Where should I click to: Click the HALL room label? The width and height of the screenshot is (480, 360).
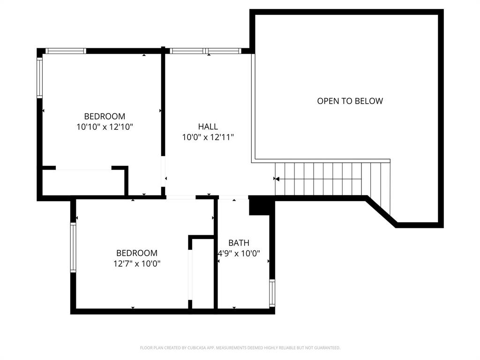(x=208, y=127)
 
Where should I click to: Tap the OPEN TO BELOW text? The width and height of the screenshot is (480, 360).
(x=350, y=101)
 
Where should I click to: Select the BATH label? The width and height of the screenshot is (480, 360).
(x=239, y=243)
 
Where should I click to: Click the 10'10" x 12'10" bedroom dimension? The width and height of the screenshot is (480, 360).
(x=105, y=127)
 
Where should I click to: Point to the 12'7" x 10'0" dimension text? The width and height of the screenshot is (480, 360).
(x=137, y=263)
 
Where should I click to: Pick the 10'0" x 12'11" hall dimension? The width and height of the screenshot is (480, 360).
(x=208, y=137)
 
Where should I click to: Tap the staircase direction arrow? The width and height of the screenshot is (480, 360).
(x=277, y=179)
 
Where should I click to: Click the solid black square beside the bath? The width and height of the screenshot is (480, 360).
(x=257, y=206)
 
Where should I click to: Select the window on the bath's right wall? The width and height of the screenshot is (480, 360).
(x=272, y=293)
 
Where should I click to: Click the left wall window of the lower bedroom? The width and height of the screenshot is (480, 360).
(x=73, y=247)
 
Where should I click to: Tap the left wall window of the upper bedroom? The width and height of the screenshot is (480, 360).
(x=40, y=77)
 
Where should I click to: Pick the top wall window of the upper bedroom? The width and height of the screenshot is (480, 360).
(x=66, y=51)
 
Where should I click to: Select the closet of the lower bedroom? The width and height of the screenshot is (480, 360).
(x=202, y=274)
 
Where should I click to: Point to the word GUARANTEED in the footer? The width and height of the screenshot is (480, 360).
(x=328, y=348)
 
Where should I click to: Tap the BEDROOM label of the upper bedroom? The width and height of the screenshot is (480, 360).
(x=105, y=116)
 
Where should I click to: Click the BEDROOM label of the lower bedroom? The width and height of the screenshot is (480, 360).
(x=137, y=253)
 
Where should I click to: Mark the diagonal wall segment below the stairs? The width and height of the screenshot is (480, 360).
(x=380, y=212)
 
